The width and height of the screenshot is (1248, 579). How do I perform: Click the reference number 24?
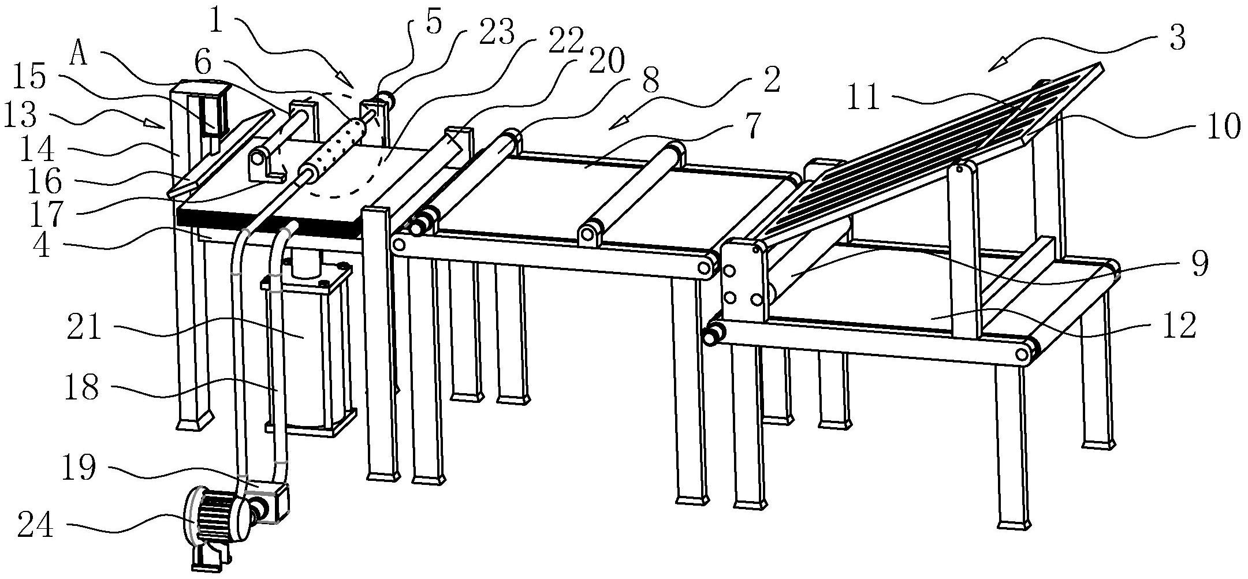35,526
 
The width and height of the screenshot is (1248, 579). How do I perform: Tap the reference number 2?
770,81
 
